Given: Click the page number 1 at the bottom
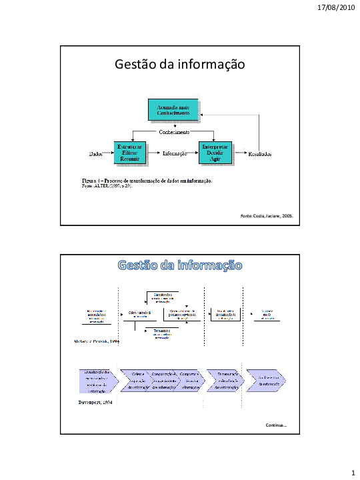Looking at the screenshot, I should pyautogui.click(x=351, y=473).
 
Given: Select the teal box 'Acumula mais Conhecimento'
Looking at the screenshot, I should pyautogui.click(x=173, y=110).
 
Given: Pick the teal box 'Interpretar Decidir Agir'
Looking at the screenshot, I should pyautogui.click(x=215, y=153).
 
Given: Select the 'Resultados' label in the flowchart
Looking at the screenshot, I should pyautogui.click(x=259, y=154).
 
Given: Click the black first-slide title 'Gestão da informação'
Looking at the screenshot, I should pyautogui.click(x=180, y=65).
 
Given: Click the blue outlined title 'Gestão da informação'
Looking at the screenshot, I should pyautogui.click(x=180, y=265).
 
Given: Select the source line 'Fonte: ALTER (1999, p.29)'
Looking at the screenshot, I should pyautogui.click(x=107, y=187).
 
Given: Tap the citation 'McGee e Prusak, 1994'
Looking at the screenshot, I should pyautogui.click(x=93, y=340).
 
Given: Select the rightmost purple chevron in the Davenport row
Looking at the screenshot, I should pyautogui.click(x=266, y=381).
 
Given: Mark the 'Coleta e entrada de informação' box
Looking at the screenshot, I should pyautogui.click(x=139, y=313).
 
